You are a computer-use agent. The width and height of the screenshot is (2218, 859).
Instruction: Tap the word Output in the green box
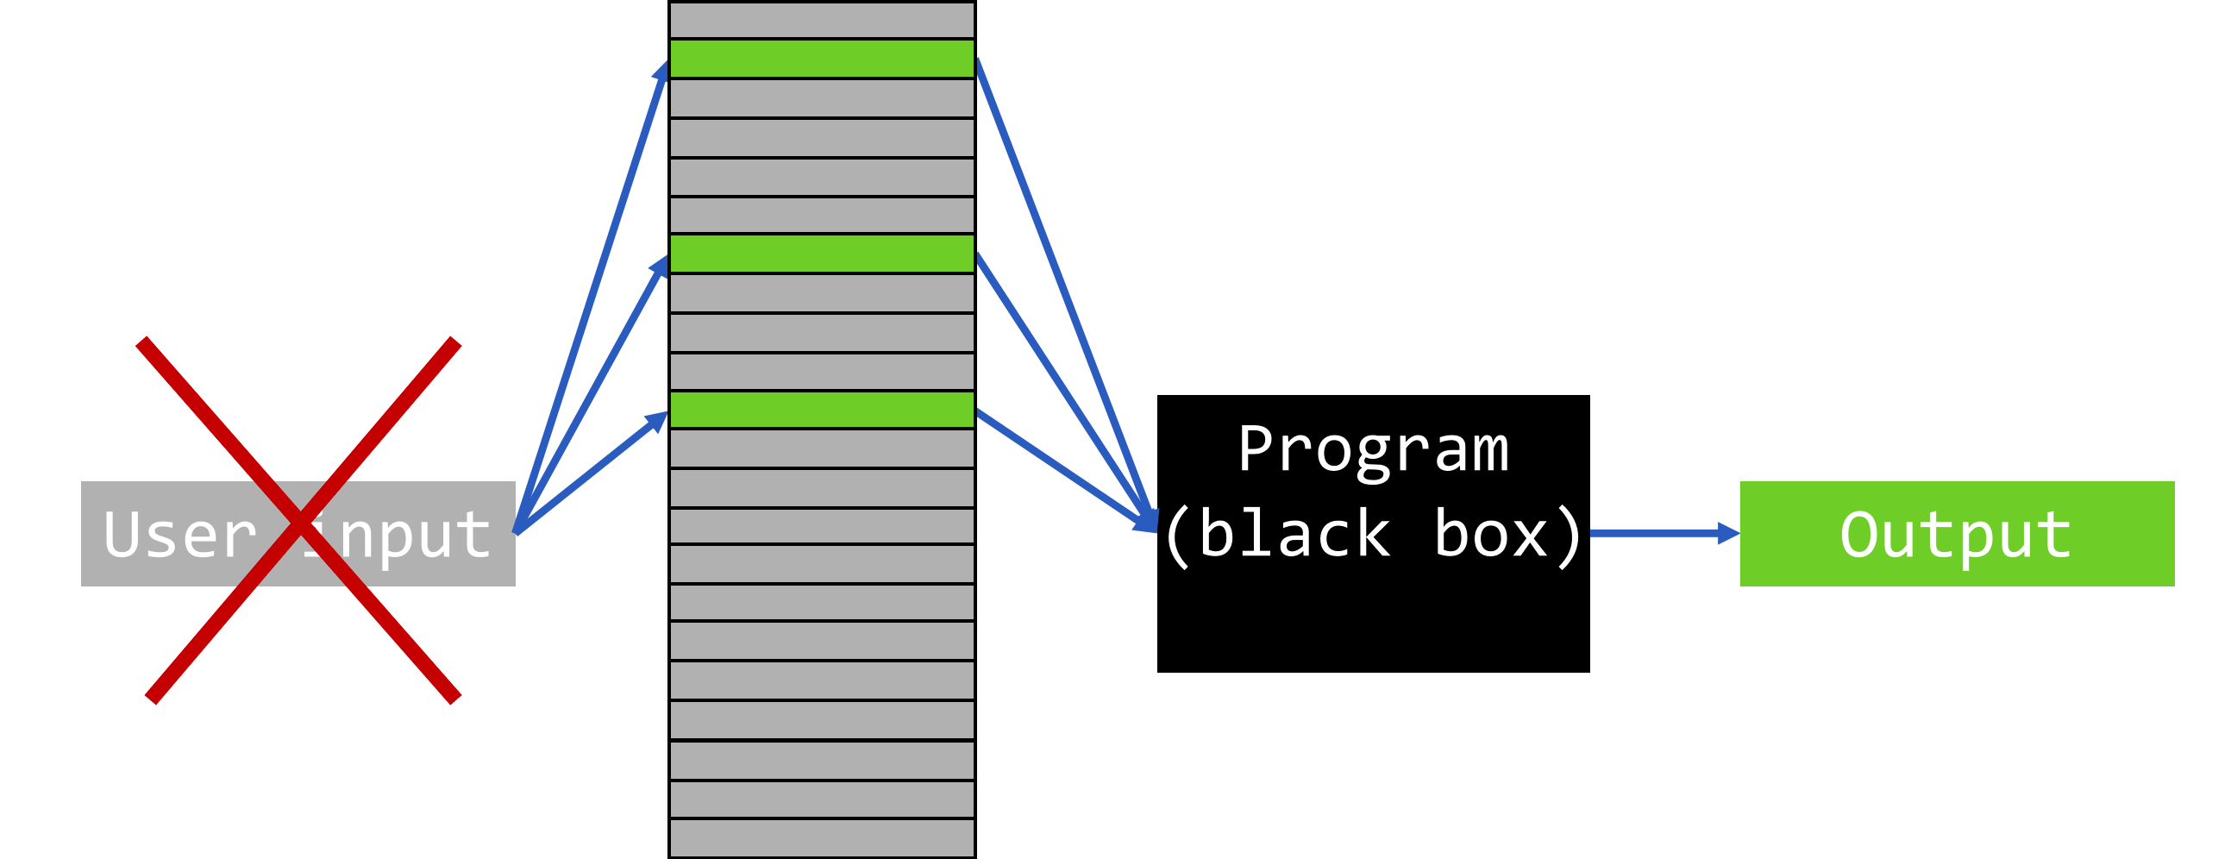point(1956,535)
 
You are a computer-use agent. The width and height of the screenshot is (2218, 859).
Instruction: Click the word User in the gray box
point(179,535)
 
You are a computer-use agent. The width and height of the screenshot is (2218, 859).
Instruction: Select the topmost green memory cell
point(822,59)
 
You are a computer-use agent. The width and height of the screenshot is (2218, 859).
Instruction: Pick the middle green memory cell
point(822,254)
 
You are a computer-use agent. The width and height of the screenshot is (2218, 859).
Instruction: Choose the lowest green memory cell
point(822,410)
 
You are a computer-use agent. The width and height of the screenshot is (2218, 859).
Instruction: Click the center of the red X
point(299,521)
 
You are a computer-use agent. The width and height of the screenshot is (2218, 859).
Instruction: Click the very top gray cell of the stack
point(822,20)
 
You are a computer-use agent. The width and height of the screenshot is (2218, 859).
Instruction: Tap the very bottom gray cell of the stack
point(822,837)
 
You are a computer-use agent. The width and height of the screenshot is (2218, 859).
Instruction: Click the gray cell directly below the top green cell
point(822,98)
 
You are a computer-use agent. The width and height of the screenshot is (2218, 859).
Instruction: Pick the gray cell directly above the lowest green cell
point(822,372)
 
